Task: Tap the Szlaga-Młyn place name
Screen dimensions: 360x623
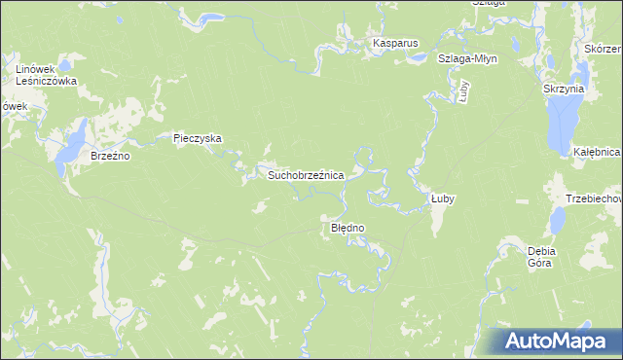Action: click(467, 58)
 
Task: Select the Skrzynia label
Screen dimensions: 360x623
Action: click(564, 89)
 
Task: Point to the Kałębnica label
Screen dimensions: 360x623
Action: click(597, 153)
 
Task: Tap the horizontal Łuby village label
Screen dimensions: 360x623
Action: click(443, 198)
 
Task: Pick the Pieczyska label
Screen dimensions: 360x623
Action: click(198, 138)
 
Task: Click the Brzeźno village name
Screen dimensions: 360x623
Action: click(110, 155)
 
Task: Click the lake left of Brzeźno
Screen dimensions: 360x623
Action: click(70, 149)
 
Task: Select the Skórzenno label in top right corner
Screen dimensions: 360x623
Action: click(604, 48)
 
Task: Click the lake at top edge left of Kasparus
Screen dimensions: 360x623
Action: click(209, 17)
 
